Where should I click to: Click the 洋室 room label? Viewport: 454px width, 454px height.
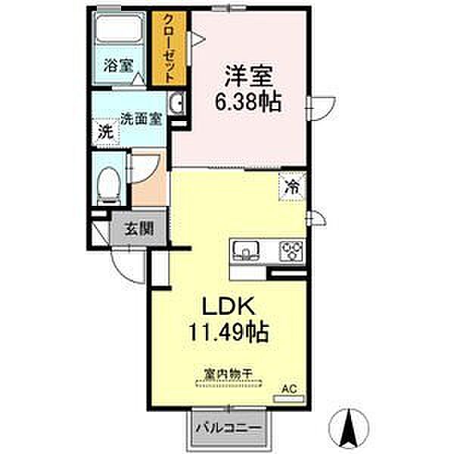pos(249,76)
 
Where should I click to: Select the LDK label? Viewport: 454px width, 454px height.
pos(229,306)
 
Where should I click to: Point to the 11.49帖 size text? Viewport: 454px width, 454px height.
pos(229,332)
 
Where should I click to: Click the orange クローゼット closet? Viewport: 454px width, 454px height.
pos(169,48)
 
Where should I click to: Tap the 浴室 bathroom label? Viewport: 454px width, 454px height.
pos(119,66)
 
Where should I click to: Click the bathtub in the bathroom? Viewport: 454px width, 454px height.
pos(119,29)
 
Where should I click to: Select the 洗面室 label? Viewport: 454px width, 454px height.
pos(141,119)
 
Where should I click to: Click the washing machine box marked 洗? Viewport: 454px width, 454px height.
pos(105,132)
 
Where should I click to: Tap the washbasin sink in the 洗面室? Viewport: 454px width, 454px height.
pos(177,103)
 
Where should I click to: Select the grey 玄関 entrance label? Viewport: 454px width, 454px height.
pos(139,229)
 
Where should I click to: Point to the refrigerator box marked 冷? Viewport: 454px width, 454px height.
pos(292,186)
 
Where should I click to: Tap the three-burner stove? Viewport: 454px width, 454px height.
pos(292,250)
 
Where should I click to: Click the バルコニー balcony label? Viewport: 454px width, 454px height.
pos(229,428)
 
